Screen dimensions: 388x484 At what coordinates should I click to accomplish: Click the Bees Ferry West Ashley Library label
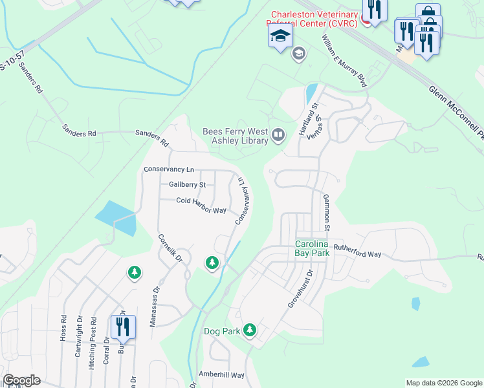(235, 135)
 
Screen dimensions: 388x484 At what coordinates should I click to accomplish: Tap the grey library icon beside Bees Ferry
(278, 135)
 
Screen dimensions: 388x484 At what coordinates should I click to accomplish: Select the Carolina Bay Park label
(313, 248)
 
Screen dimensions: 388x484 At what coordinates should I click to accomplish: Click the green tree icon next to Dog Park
(250, 331)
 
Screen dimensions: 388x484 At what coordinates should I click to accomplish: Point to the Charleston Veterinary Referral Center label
(314, 19)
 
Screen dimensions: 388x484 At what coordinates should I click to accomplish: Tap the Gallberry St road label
(187, 185)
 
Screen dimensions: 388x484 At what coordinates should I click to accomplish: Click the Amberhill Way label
(221, 375)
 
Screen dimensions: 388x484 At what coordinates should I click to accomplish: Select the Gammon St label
(327, 213)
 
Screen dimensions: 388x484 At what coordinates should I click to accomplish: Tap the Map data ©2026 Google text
(443, 383)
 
